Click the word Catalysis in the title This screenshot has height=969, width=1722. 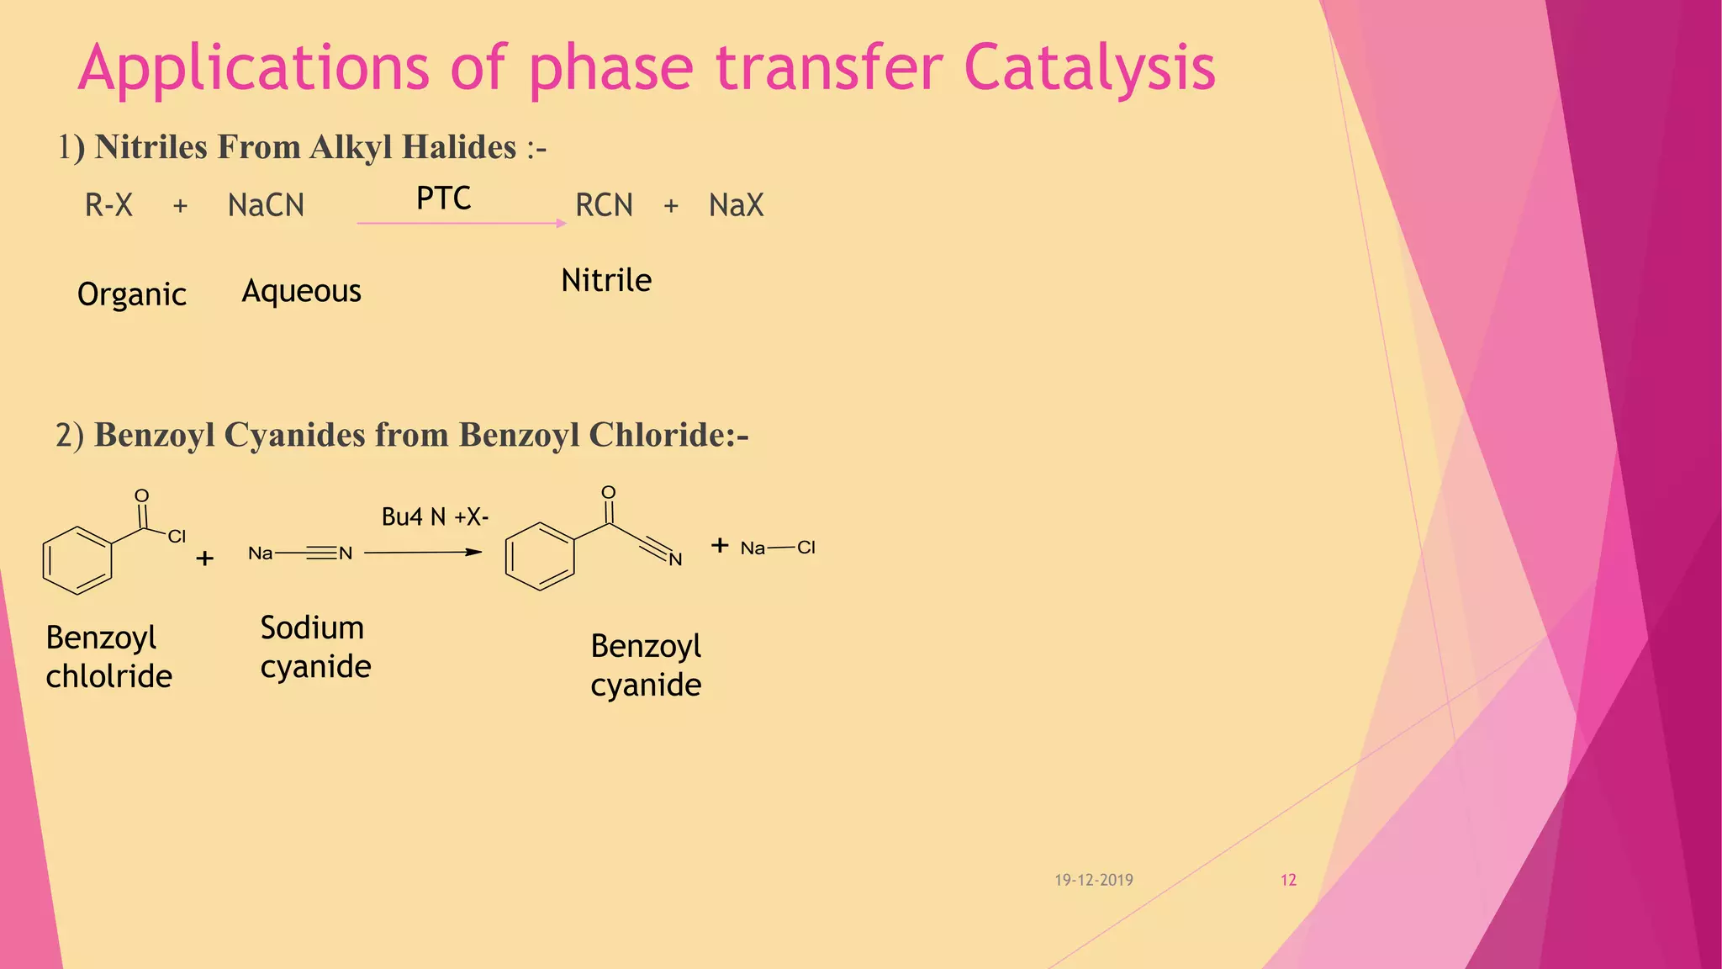pos(1089,67)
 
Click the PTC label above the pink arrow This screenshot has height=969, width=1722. pos(443,199)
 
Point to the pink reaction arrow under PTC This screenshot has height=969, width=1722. pos(461,223)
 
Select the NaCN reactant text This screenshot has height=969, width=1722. pos(266,205)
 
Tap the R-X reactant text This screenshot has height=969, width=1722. pos(108,205)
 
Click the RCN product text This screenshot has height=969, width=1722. pos(604,205)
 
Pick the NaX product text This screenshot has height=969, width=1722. pos(736,205)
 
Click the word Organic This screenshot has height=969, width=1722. pos(132,294)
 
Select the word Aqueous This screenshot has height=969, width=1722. pos(301,291)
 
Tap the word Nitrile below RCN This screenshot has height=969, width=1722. pos(605,280)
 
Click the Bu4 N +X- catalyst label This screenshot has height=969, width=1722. pos(435,516)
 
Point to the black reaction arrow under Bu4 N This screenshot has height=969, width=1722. pos(423,553)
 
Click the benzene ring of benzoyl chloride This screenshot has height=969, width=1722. pos(77,560)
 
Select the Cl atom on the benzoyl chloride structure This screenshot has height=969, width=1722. pos(177,537)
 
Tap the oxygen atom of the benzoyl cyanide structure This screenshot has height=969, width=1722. pos(609,493)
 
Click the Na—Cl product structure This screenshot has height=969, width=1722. pos(778,548)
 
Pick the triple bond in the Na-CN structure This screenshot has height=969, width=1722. pos(321,553)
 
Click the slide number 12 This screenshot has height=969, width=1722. pos(1288,880)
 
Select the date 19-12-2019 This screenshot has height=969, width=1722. pos(1094,880)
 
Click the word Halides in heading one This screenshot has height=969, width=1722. pos(458,147)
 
